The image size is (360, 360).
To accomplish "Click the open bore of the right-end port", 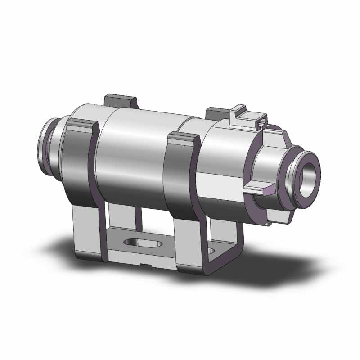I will point(310,173).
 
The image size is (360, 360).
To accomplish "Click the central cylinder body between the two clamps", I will point(133,153).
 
